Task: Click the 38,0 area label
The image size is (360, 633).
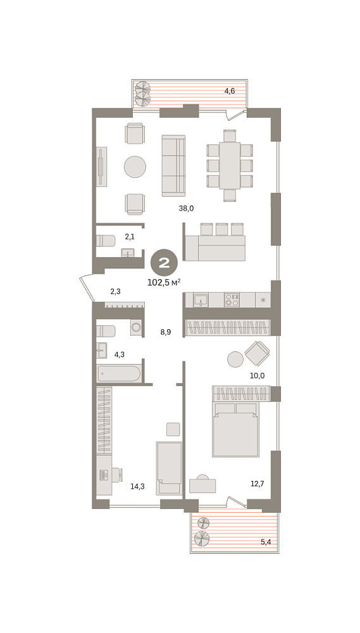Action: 187,208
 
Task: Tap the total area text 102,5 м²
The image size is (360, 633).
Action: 164,282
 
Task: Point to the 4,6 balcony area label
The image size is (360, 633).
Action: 230,91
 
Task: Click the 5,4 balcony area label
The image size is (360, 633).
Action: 266,542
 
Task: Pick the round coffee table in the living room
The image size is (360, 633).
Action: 135,166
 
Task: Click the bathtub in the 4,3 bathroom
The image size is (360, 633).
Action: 119,373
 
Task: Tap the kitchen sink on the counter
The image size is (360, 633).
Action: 201,299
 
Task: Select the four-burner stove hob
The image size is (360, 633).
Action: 232,299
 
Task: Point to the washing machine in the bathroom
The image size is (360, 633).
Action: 136,327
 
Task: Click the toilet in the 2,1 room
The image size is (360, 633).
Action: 105,241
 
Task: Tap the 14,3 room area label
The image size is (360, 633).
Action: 137,486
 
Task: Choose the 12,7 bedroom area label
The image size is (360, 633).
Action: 257,483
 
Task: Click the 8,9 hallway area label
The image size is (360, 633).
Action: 166,332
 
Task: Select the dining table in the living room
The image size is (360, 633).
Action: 230,165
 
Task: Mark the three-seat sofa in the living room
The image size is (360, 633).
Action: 173,165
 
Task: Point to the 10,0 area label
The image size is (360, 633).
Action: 257,375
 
